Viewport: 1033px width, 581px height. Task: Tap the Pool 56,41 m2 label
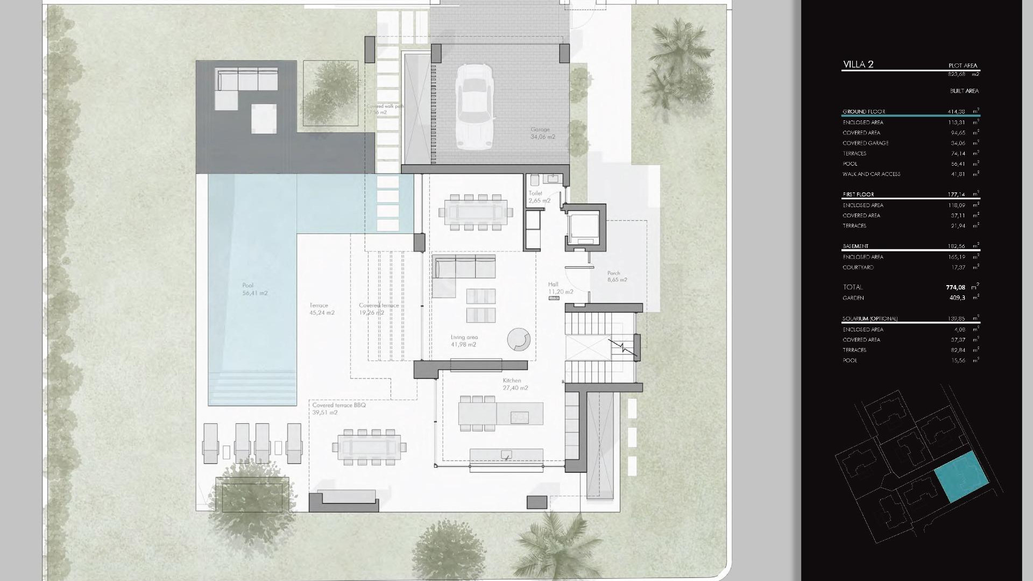point(254,289)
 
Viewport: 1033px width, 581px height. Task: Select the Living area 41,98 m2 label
point(464,341)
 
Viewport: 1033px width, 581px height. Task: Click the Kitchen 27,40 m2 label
point(515,384)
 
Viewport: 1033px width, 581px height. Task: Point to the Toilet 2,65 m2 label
point(539,197)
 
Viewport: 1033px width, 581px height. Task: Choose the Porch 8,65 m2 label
point(617,277)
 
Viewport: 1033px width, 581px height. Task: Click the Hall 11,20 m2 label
point(560,288)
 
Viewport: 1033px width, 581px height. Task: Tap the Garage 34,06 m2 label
point(542,133)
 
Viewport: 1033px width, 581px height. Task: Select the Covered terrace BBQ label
point(339,405)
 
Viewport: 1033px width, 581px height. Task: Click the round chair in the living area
point(519,339)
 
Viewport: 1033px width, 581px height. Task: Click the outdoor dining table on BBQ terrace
point(370,447)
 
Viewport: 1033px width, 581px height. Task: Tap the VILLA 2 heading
point(858,65)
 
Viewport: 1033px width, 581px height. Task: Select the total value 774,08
point(956,287)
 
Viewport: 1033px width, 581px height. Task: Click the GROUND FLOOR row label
point(864,112)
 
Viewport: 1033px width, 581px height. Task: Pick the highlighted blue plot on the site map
point(961,477)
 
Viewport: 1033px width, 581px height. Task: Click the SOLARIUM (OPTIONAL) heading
point(870,318)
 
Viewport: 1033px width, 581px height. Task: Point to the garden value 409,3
point(957,297)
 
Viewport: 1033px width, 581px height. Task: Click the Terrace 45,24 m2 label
point(322,309)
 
